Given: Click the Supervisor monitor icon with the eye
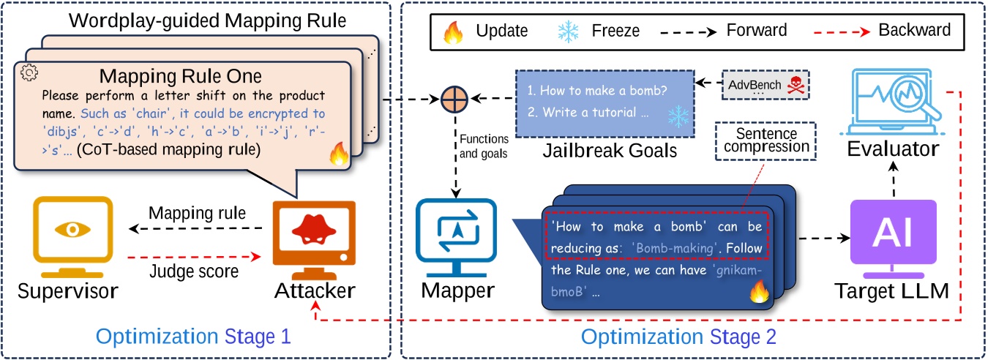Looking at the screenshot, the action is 73,237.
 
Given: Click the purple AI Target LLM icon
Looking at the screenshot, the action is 893,239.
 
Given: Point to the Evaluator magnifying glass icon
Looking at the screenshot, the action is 892,102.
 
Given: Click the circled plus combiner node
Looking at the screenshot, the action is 454,100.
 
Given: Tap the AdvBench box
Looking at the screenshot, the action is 766,85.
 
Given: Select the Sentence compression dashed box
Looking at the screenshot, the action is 766,140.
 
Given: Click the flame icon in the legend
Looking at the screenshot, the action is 453,32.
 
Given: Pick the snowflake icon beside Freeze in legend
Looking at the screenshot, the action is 568,31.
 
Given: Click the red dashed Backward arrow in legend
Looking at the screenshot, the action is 842,31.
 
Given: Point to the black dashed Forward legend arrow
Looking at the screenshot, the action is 689,32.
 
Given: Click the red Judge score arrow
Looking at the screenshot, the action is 194,256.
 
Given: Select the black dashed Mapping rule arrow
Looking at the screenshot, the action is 195,228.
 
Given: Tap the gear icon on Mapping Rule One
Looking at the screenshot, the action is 29,72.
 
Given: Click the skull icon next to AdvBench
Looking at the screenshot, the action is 796,85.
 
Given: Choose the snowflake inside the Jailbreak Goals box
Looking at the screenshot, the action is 678,116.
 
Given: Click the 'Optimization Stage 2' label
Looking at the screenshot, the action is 678,337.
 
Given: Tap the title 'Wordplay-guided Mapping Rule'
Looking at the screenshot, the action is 207,20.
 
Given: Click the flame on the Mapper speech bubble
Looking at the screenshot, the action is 759,292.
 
